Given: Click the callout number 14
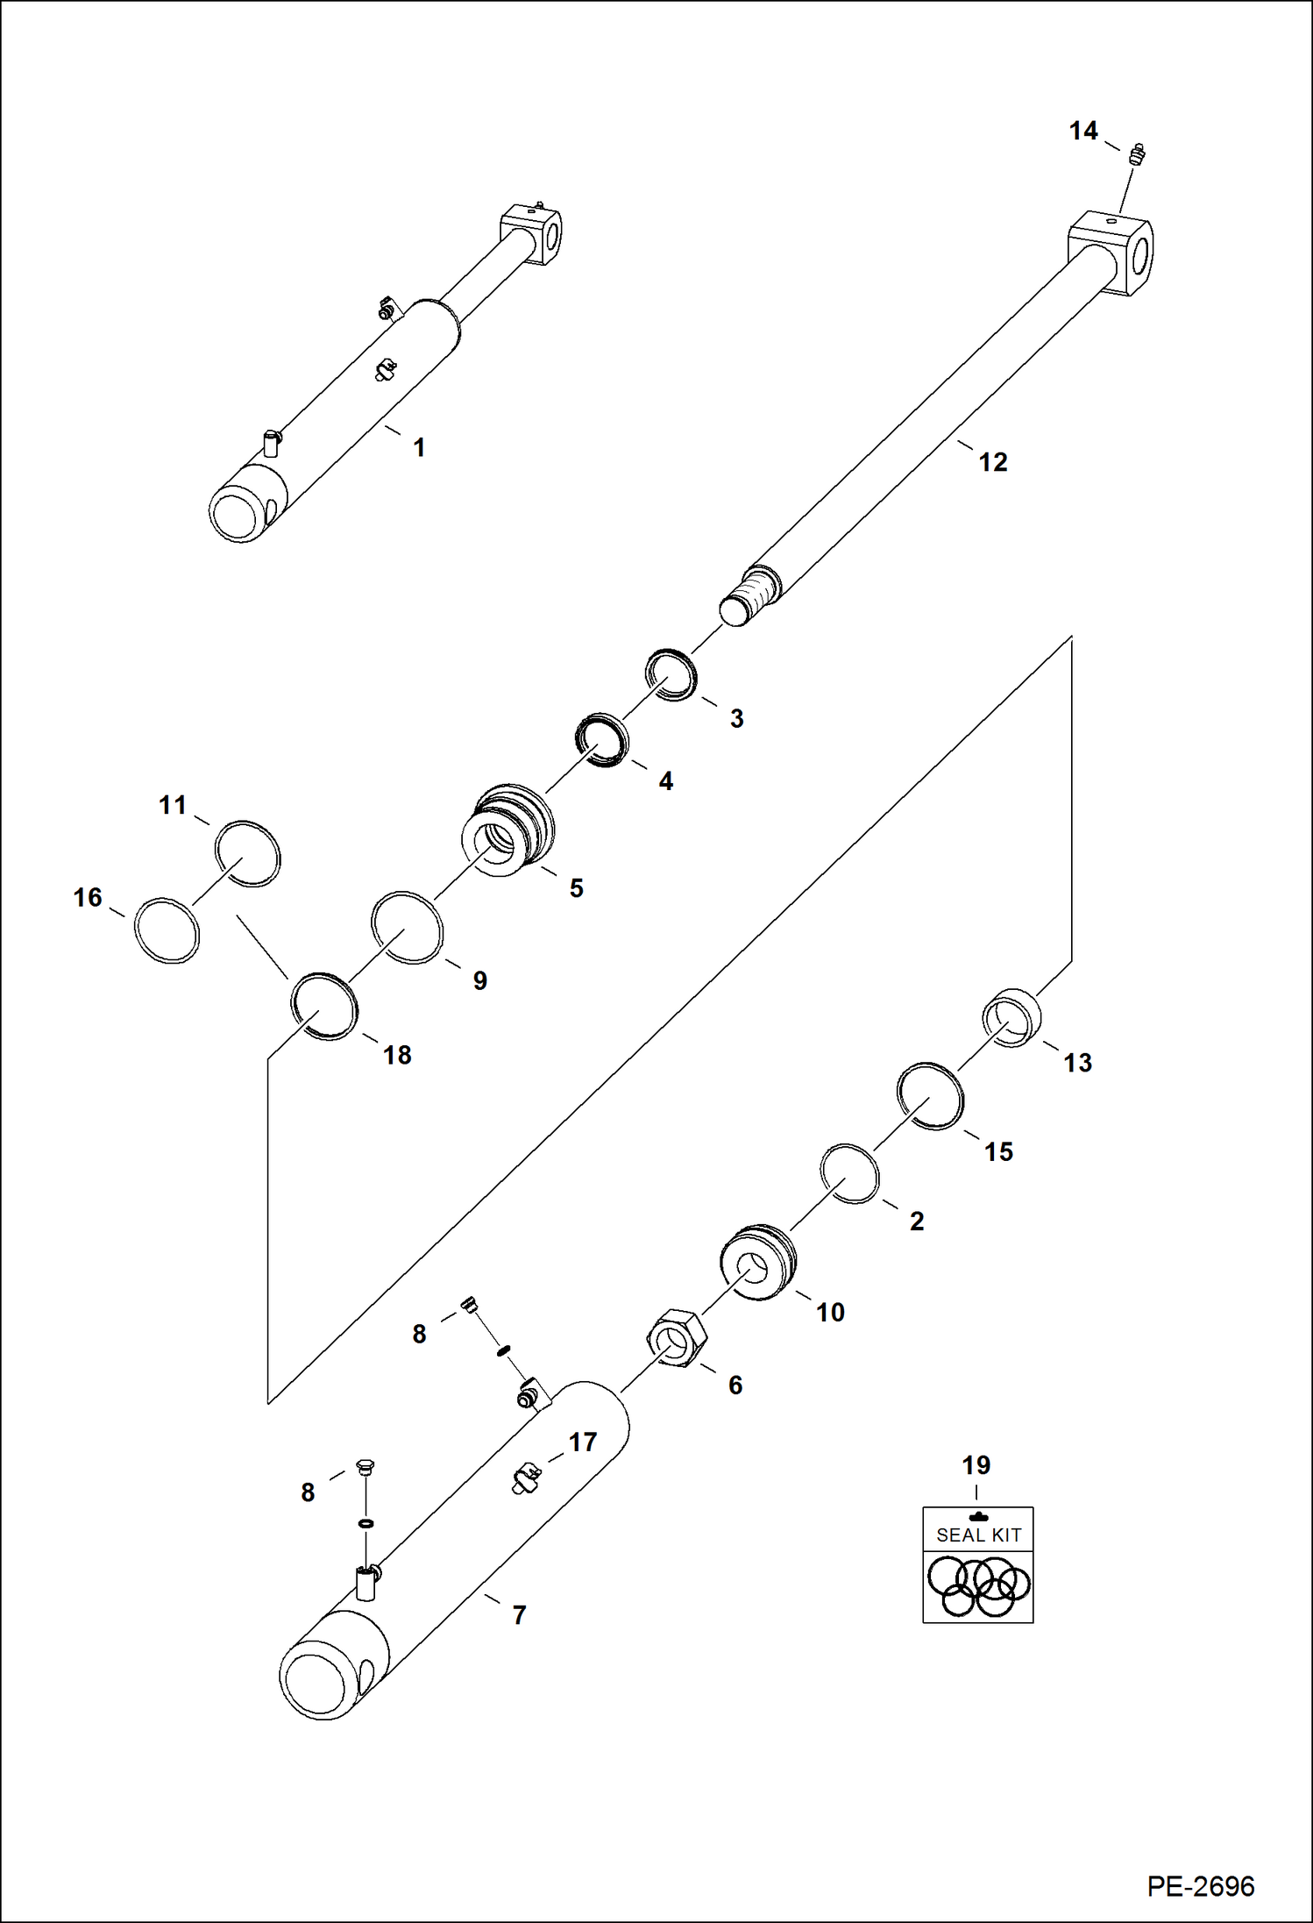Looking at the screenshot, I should click(x=1082, y=132).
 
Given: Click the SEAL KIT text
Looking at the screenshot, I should click(x=978, y=1535).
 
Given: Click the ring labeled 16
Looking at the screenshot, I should click(x=167, y=931).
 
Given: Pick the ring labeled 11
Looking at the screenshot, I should click(x=247, y=854).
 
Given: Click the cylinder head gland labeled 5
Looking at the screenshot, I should click(x=508, y=833).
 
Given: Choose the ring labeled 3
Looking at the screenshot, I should click(x=671, y=675).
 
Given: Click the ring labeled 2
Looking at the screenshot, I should click(x=849, y=1173).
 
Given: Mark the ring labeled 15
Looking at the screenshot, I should click(x=930, y=1096).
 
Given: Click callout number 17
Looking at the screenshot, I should click(x=583, y=1442).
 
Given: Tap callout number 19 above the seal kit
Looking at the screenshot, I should click(x=976, y=1465).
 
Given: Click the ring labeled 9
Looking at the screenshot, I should click(x=407, y=928).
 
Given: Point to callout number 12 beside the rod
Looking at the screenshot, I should click(x=992, y=462).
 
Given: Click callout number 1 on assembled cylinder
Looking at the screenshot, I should click(x=419, y=448).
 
